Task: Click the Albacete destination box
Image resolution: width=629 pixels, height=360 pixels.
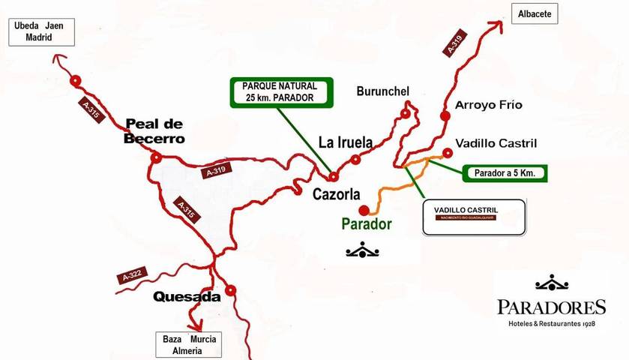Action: pyautogui.click(x=535, y=14)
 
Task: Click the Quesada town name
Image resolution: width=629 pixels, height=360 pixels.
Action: pyautogui.click(x=187, y=296)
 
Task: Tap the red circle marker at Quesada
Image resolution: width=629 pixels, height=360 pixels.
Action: pyautogui.click(x=231, y=289)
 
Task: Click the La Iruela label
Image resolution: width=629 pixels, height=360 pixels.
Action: pyautogui.click(x=345, y=141)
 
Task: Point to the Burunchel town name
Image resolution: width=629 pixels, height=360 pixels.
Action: pyautogui.click(x=383, y=92)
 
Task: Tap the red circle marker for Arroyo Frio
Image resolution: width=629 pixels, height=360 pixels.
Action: pyautogui.click(x=445, y=116)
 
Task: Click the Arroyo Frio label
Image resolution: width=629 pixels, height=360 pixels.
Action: pyautogui.click(x=489, y=105)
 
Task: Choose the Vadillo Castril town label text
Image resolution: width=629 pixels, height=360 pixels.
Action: pyautogui.click(x=496, y=142)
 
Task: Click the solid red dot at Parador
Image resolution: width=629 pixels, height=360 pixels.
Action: pyautogui.click(x=364, y=210)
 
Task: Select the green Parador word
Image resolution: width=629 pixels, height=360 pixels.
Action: pyautogui.click(x=367, y=223)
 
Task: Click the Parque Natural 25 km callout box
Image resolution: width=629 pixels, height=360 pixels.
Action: pyautogui.click(x=280, y=91)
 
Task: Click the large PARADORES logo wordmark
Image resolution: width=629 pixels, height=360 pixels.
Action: pyautogui.click(x=551, y=307)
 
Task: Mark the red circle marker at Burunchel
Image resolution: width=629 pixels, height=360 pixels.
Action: pyautogui.click(x=406, y=114)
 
